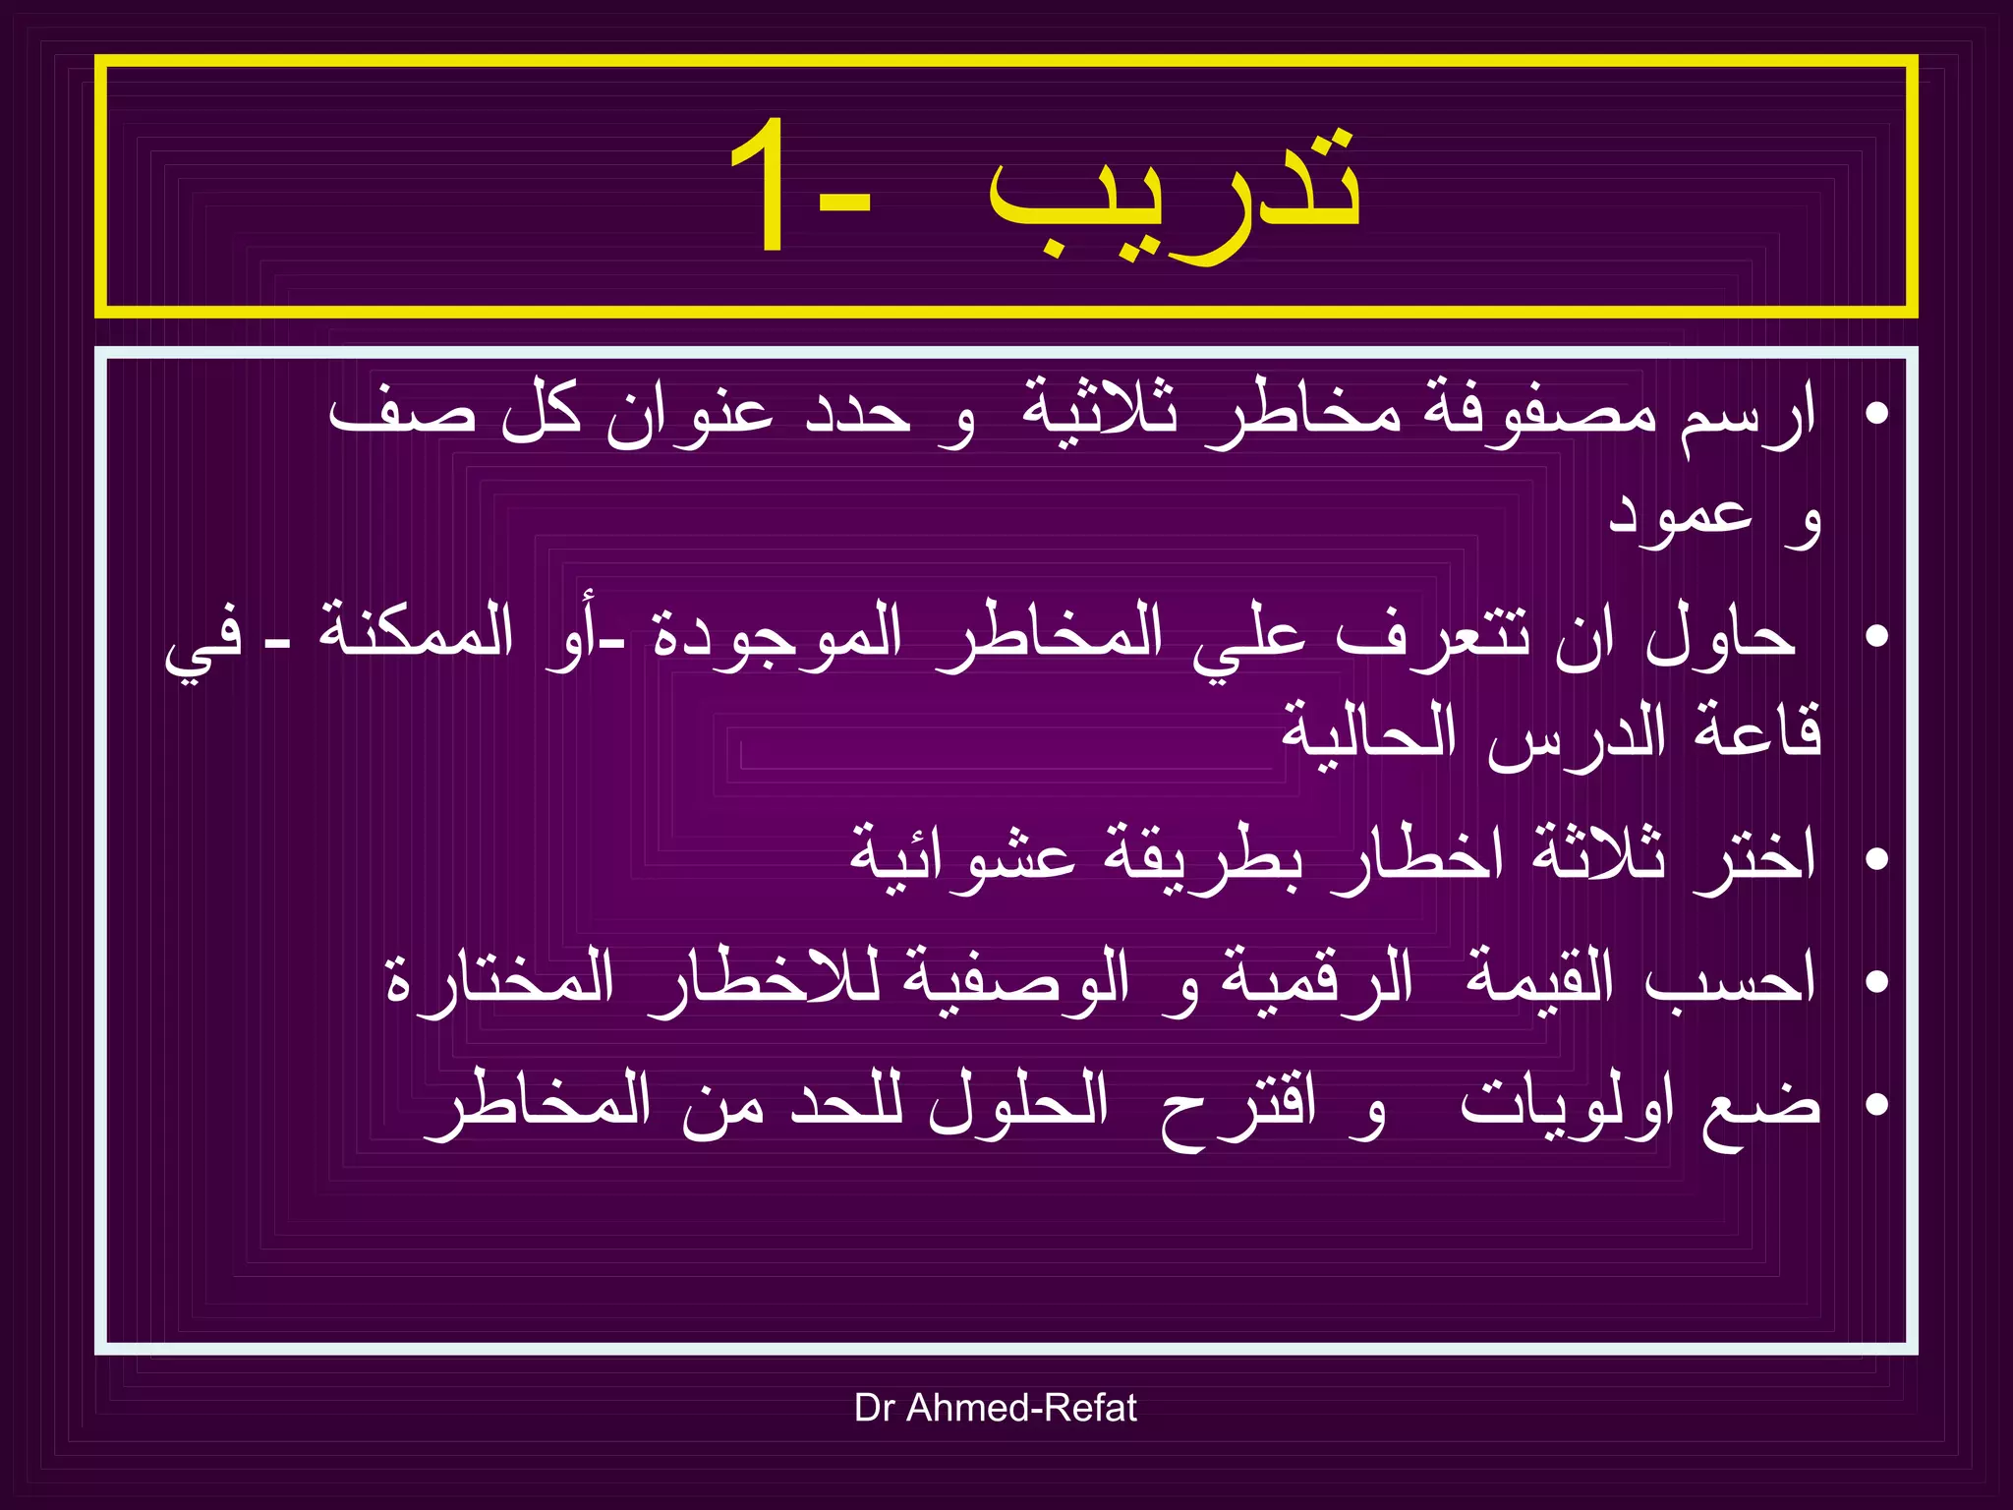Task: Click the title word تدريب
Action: pos(1175,192)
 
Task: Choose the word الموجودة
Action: pos(777,634)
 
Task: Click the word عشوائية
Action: pos(963,855)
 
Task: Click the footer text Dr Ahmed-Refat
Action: pos(995,1408)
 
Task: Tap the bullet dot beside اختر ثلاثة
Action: pos(1876,858)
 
